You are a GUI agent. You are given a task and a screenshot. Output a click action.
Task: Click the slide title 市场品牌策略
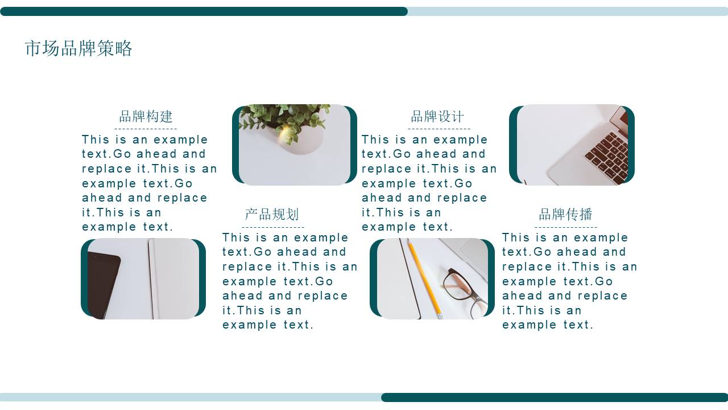[78, 48]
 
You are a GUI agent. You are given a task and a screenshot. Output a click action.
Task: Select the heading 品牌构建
[146, 117]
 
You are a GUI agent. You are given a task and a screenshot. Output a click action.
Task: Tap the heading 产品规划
[271, 215]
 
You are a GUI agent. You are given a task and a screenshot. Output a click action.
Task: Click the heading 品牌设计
[437, 117]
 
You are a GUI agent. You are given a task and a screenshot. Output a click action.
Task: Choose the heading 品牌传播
[565, 215]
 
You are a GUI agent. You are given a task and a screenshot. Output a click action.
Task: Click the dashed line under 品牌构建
[146, 129]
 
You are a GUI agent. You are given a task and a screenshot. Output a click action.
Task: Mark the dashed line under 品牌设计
[439, 129]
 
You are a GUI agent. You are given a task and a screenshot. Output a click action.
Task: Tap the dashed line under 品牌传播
[566, 227]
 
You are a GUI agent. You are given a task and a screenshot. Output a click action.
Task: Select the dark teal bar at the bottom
[555, 397]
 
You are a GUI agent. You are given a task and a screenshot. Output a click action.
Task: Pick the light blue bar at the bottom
[191, 397]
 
